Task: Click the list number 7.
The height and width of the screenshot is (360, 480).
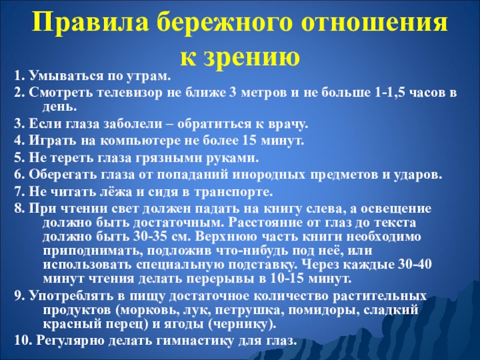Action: (17, 193)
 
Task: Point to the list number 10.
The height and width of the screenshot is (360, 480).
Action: (21, 341)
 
